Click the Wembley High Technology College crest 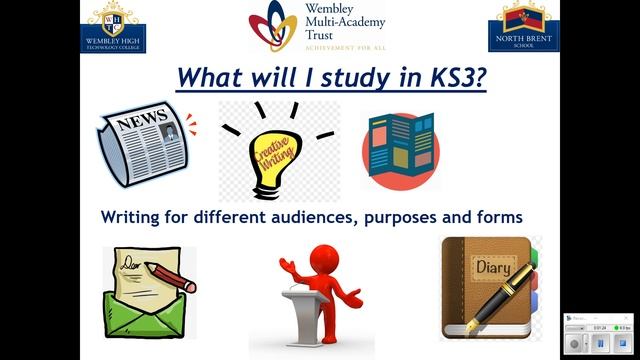click(117, 26)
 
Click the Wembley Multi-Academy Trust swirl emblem click(273, 26)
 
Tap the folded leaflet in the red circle click(400, 148)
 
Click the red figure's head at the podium click(323, 253)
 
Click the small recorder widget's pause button click(599, 343)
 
